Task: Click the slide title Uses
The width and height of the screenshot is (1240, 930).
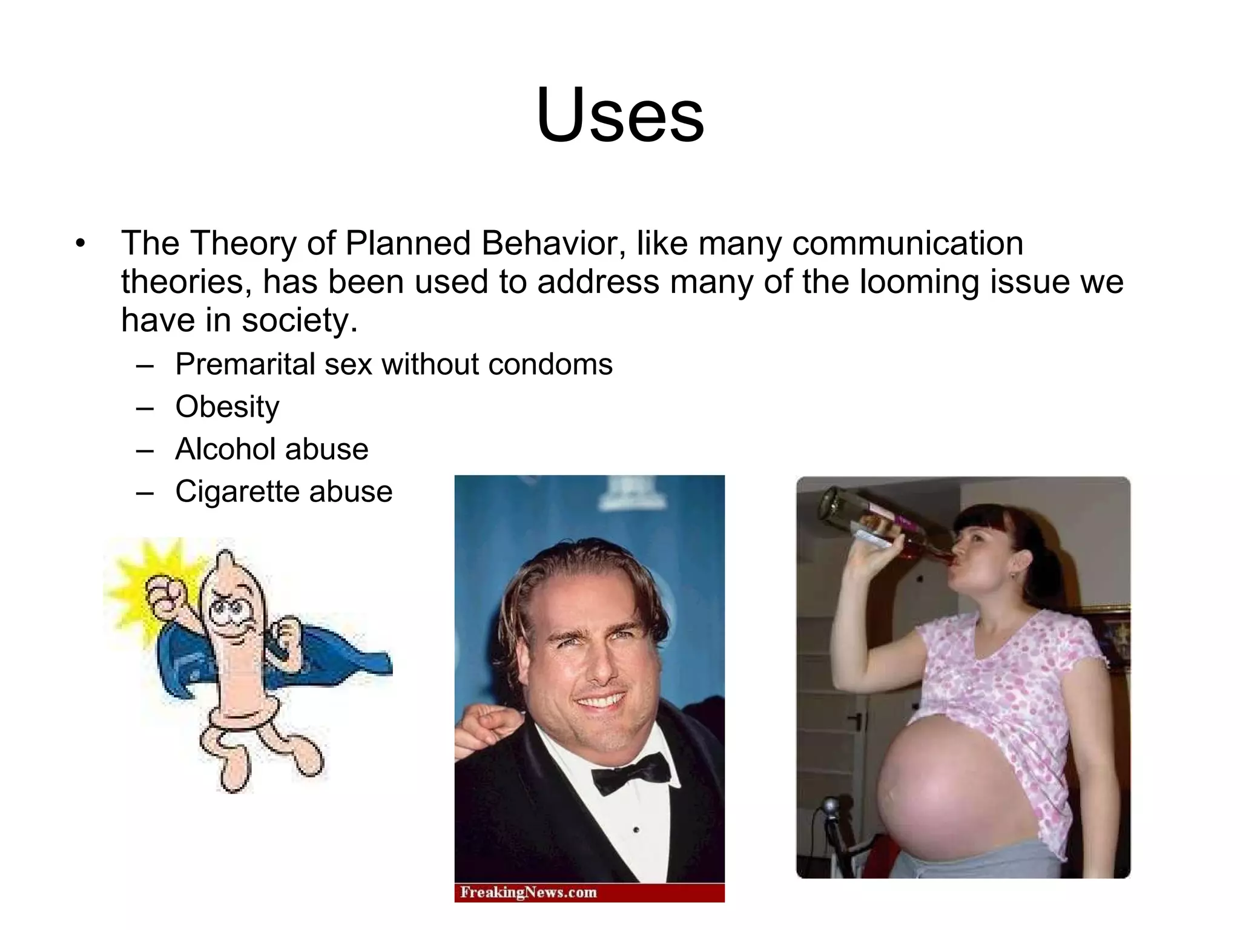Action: (x=620, y=115)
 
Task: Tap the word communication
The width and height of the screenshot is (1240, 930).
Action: (x=907, y=243)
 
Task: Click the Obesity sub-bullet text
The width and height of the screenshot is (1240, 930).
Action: (x=227, y=407)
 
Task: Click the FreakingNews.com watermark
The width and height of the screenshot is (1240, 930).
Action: (x=528, y=892)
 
